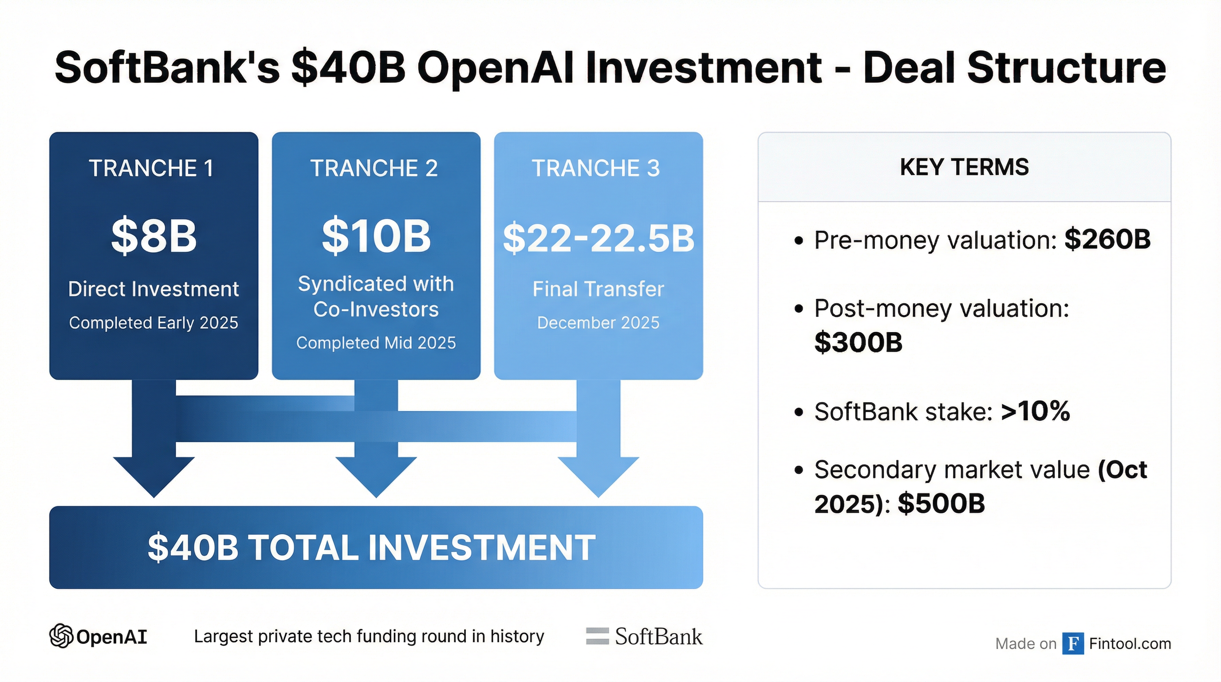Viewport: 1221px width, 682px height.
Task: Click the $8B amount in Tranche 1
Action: (x=154, y=236)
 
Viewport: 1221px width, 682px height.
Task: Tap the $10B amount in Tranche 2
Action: (x=376, y=236)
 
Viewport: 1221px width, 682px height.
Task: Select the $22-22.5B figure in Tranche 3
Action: (x=599, y=238)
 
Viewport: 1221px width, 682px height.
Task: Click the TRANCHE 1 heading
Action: (x=151, y=168)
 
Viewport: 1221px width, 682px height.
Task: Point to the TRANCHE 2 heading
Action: (x=374, y=168)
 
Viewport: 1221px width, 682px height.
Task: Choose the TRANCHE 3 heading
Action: (x=596, y=168)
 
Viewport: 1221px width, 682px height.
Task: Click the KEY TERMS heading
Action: (x=964, y=167)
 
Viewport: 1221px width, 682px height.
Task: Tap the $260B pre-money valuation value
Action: (x=1107, y=239)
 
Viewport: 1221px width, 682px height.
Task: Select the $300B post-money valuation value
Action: (x=859, y=342)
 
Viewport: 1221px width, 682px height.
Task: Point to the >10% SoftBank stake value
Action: (x=1036, y=411)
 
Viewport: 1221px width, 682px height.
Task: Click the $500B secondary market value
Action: (x=941, y=503)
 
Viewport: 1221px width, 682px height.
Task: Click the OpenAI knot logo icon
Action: (x=61, y=635)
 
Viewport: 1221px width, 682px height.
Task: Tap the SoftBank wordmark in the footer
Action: (x=658, y=636)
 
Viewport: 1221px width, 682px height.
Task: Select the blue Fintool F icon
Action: (x=1073, y=643)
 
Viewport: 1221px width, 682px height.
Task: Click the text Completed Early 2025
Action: (x=154, y=323)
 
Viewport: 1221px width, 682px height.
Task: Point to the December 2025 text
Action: (x=598, y=323)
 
